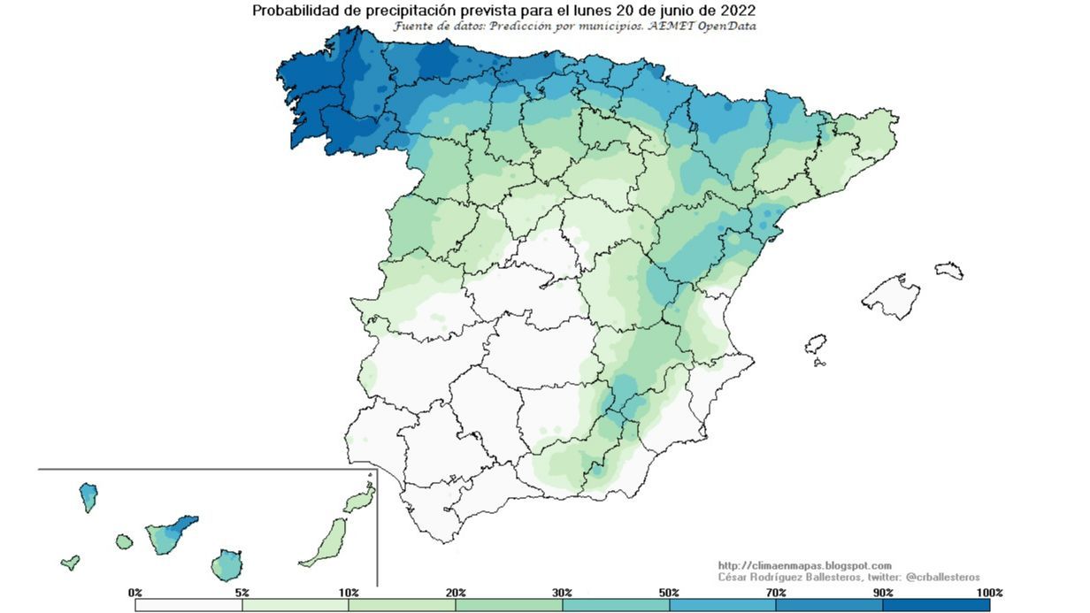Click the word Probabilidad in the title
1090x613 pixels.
293,11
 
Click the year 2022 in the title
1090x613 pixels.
738,11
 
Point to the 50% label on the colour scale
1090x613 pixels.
669,592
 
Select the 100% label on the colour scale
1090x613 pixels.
989,592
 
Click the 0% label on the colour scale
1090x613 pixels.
135,592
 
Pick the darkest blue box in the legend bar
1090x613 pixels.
936,605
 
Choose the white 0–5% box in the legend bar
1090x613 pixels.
188,605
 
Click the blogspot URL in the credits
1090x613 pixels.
804,565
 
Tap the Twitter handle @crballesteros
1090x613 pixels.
943,577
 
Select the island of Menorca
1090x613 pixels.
949,270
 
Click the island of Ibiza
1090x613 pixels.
816,344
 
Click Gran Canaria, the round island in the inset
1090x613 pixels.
226,563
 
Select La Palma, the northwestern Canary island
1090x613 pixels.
88,495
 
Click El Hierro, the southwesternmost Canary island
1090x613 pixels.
70,562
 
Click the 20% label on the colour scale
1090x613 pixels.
456,592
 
